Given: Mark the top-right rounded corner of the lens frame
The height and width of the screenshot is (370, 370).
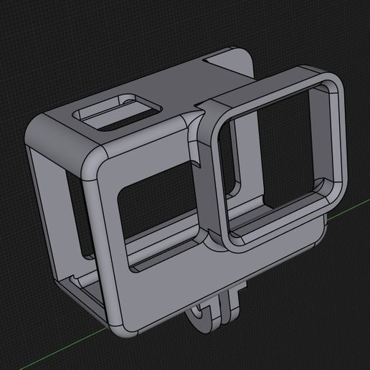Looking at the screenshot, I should pos(331,82).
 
